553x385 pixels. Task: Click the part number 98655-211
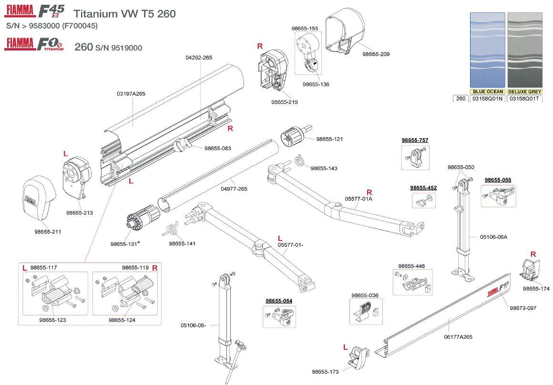click(48, 232)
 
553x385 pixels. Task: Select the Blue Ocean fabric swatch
click(487, 50)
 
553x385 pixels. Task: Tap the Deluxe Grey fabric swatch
click(524, 50)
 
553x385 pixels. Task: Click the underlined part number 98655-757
click(415, 140)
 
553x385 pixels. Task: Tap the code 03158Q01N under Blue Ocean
click(487, 99)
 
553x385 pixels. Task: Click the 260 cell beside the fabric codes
click(461, 99)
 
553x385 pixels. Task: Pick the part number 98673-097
click(523, 308)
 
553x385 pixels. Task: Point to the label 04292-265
click(199, 57)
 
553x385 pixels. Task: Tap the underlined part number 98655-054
click(279, 301)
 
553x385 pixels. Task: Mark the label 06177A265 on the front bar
click(458, 337)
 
